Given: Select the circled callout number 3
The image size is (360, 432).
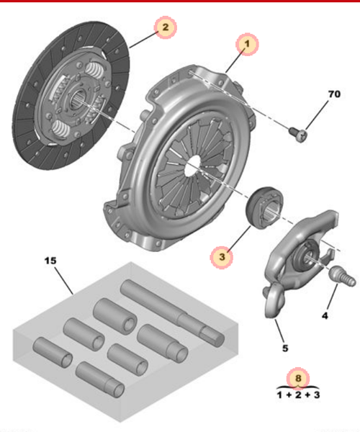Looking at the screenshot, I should point(223,255).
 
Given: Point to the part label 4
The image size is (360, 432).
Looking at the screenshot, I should point(325,315).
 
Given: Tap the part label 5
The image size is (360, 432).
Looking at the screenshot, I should point(285,348).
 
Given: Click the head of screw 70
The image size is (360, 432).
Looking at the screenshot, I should point(301,134).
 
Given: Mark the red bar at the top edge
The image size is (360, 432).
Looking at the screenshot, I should point(180,1).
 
